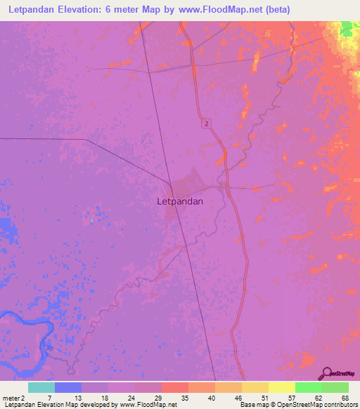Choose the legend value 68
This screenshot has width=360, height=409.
344,397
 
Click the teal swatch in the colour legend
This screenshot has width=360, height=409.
41,387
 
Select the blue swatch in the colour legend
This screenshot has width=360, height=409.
68,387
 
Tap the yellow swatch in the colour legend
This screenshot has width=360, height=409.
282,387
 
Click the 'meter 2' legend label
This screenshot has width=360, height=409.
14,397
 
